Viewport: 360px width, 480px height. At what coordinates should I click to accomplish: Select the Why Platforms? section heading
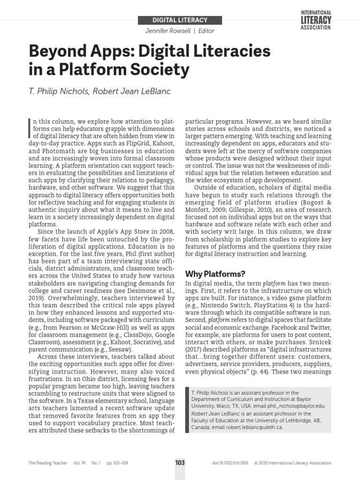click(215, 274)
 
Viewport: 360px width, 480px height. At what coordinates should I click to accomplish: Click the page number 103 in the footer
click(180, 462)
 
